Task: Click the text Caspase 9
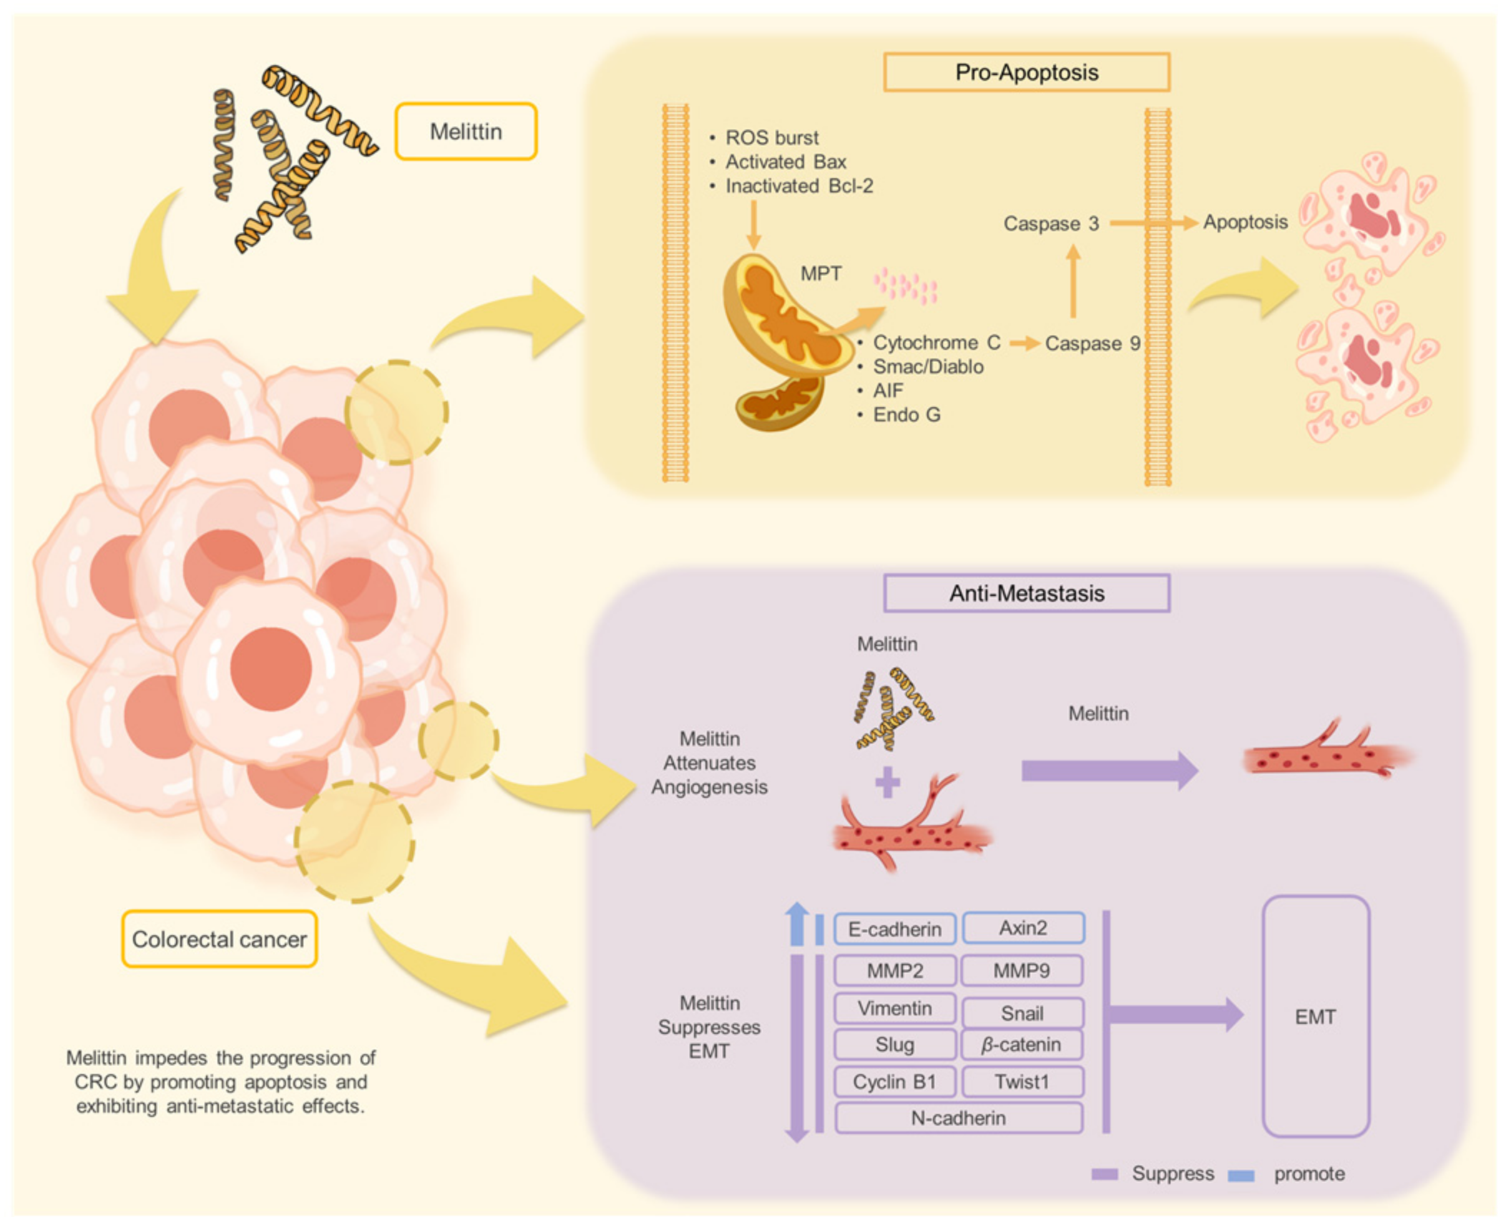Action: click(1092, 343)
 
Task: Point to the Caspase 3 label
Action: click(1051, 224)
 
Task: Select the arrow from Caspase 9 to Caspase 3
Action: click(1073, 280)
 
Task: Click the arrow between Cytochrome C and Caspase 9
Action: click(1025, 344)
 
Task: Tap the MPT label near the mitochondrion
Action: click(821, 273)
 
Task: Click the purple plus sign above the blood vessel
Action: click(888, 782)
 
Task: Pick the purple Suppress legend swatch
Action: click(1105, 1174)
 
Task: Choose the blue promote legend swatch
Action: click(1241, 1176)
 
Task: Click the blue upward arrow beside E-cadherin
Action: click(797, 923)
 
